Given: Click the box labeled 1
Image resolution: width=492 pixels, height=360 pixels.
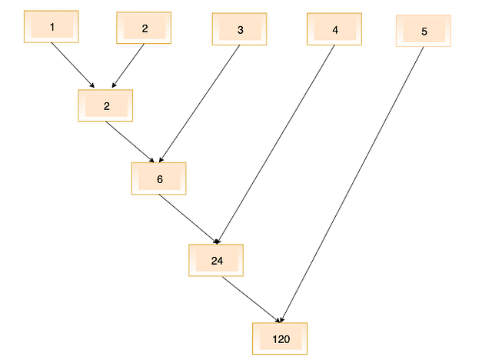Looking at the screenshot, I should pos(52,28).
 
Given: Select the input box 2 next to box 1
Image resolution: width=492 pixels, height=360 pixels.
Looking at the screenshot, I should pos(144,28).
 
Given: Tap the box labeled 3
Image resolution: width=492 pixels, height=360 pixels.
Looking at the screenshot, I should pos(239,30).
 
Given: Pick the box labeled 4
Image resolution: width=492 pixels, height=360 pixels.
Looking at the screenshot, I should pos(334,29).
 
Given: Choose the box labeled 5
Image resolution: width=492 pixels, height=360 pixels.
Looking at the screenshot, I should pos(424,32).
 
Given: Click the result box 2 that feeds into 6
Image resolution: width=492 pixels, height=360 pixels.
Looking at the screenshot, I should pos(105,106).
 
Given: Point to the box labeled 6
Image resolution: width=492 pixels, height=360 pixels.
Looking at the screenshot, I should pos(158,178).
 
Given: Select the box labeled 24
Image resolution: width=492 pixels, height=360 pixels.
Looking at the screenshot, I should pos(216,261).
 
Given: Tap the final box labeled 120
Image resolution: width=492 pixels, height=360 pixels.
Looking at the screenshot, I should pos(280,338).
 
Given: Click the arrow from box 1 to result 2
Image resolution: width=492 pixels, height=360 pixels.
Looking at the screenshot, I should pos(73,65).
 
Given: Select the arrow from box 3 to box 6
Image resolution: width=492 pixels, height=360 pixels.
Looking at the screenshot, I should pos(200,102).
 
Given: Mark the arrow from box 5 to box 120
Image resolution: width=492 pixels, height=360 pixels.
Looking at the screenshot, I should pos(354,182).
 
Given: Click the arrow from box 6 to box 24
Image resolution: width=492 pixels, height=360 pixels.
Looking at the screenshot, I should pos(188,218).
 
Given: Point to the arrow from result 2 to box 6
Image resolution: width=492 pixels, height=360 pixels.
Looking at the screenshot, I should pos(132,142).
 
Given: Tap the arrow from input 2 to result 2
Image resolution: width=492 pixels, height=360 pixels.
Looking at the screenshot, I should pos(128,66).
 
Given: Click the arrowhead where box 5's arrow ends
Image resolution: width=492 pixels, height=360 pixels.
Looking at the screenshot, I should pos(283,318).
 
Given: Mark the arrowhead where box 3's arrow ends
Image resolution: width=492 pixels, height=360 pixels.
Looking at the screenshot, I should pos(160,159).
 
